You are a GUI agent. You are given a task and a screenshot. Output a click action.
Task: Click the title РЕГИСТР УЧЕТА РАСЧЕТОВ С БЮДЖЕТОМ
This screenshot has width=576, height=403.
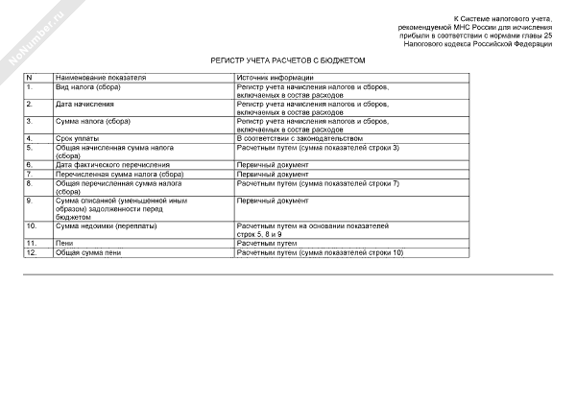288,59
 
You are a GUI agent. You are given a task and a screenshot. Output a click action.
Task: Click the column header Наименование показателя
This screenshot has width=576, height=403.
100,76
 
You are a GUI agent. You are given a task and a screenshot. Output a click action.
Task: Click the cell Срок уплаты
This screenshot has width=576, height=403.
79,138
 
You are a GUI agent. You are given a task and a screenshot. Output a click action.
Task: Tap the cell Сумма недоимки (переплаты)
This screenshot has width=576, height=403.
106,225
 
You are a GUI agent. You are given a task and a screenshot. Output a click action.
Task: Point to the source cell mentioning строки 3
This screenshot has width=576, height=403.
317,147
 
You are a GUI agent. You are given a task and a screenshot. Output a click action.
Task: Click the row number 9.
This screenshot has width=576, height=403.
31,200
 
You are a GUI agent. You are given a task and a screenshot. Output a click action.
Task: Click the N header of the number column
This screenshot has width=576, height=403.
30,76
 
